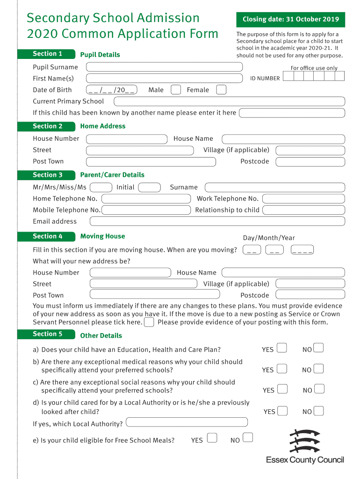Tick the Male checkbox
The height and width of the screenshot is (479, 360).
tap(176, 90)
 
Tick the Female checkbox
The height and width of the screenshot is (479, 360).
tap(222, 90)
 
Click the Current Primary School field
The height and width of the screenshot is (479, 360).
tap(229, 102)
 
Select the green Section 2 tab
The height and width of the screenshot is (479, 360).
tap(46, 126)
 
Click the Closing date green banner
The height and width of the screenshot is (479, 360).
tap(290, 19)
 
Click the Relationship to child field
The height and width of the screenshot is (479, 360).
tap(303, 210)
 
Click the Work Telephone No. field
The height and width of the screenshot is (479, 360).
tap(303, 199)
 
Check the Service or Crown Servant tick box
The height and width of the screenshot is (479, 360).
tap(149, 322)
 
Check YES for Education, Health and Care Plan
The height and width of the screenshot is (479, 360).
tap(282, 348)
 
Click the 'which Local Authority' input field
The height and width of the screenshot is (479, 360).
tap(187, 422)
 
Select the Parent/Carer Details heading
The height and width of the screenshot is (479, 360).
tap(112, 175)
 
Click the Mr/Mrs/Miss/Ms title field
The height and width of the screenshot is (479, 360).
tap(101, 188)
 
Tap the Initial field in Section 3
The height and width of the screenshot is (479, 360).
tap(150, 188)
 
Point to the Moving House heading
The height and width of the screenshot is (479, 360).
tap(102, 236)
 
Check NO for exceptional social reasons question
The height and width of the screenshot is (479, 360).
tap(319, 389)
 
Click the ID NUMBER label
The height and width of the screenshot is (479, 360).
tap(265, 79)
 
